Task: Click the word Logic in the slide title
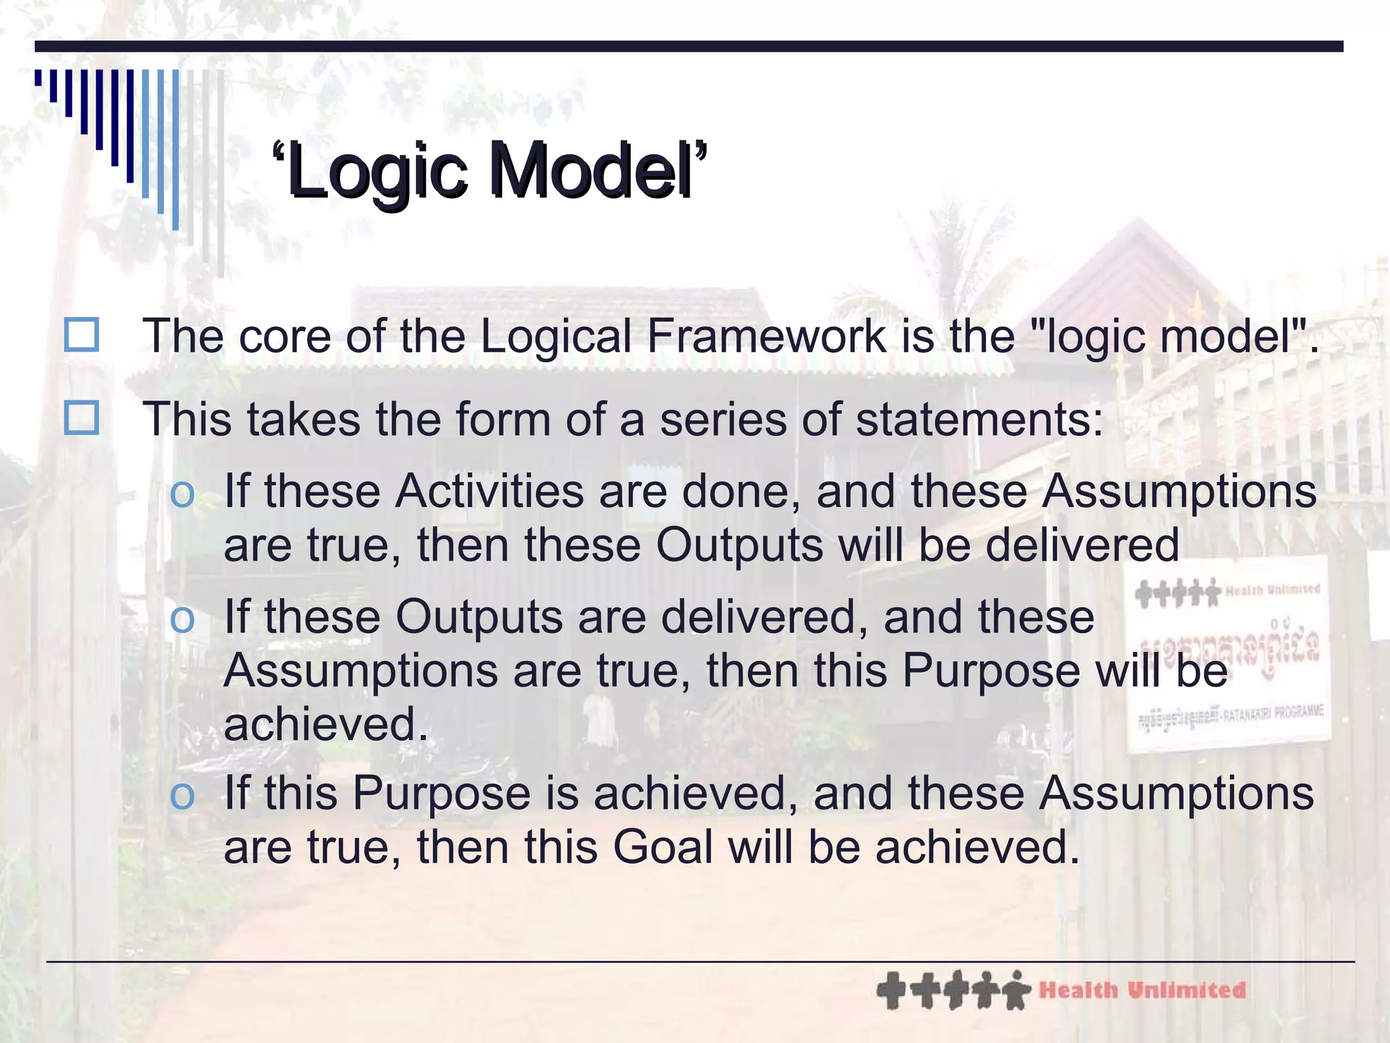pyautogui.click(x=377, y=171)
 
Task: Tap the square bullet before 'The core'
pyautogui.click(x=81, y=335)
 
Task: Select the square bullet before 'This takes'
pyautogui.click(x=81, y=418)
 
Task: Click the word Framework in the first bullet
pyautogui.click(x=766, y=336)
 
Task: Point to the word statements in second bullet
pyautogui.click(x=977, y=420)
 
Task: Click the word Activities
pyautogui.click(x=489, y=491)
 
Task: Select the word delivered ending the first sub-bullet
pyautogui.click(x=1082, y=545)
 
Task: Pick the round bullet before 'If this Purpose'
pyautogui.click(x=182, y=795)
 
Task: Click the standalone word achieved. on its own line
pyautogui.click(x=326, y=724)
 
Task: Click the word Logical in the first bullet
pyautogui.click(x=555, y=336)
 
